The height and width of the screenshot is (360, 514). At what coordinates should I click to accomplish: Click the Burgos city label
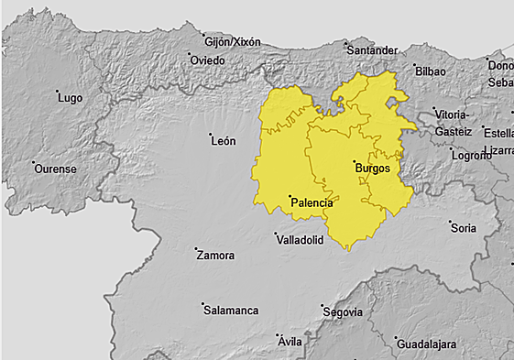[x=372, y=169]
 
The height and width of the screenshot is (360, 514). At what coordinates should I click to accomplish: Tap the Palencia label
[x=312, y=202]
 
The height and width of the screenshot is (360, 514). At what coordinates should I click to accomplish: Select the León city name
[x=224, y=141]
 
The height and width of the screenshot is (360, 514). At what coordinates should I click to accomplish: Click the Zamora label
[x=215, y=256]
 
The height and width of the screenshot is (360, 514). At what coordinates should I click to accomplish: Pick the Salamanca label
[x=231, y=311]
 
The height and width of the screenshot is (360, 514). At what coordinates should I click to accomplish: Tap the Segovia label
[x=344, y=312]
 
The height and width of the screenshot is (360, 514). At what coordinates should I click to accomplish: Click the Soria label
[x=464, y=227]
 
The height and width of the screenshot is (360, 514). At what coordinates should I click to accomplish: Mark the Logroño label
[x=472, y=155]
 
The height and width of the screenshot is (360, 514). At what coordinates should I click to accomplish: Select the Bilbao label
[x=430, y=71]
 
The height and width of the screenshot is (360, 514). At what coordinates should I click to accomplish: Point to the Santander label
[x=372, y=49]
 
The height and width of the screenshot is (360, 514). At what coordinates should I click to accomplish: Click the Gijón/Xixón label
[x=233, y=42]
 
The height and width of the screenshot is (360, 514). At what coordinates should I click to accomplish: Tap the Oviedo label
[x=207, y=60]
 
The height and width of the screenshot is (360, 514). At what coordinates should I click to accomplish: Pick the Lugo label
[x=71, y=98]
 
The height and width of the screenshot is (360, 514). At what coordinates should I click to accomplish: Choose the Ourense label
[x=54, y=169]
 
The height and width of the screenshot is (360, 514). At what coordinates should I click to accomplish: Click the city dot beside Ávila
[x=278, y=336]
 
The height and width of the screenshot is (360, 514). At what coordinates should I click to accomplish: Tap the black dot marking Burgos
[x=355, y=162]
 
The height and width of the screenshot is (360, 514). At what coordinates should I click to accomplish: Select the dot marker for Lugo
[x=58, y=92]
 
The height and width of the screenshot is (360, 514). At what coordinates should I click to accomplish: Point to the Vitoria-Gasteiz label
[x=454, y=123]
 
